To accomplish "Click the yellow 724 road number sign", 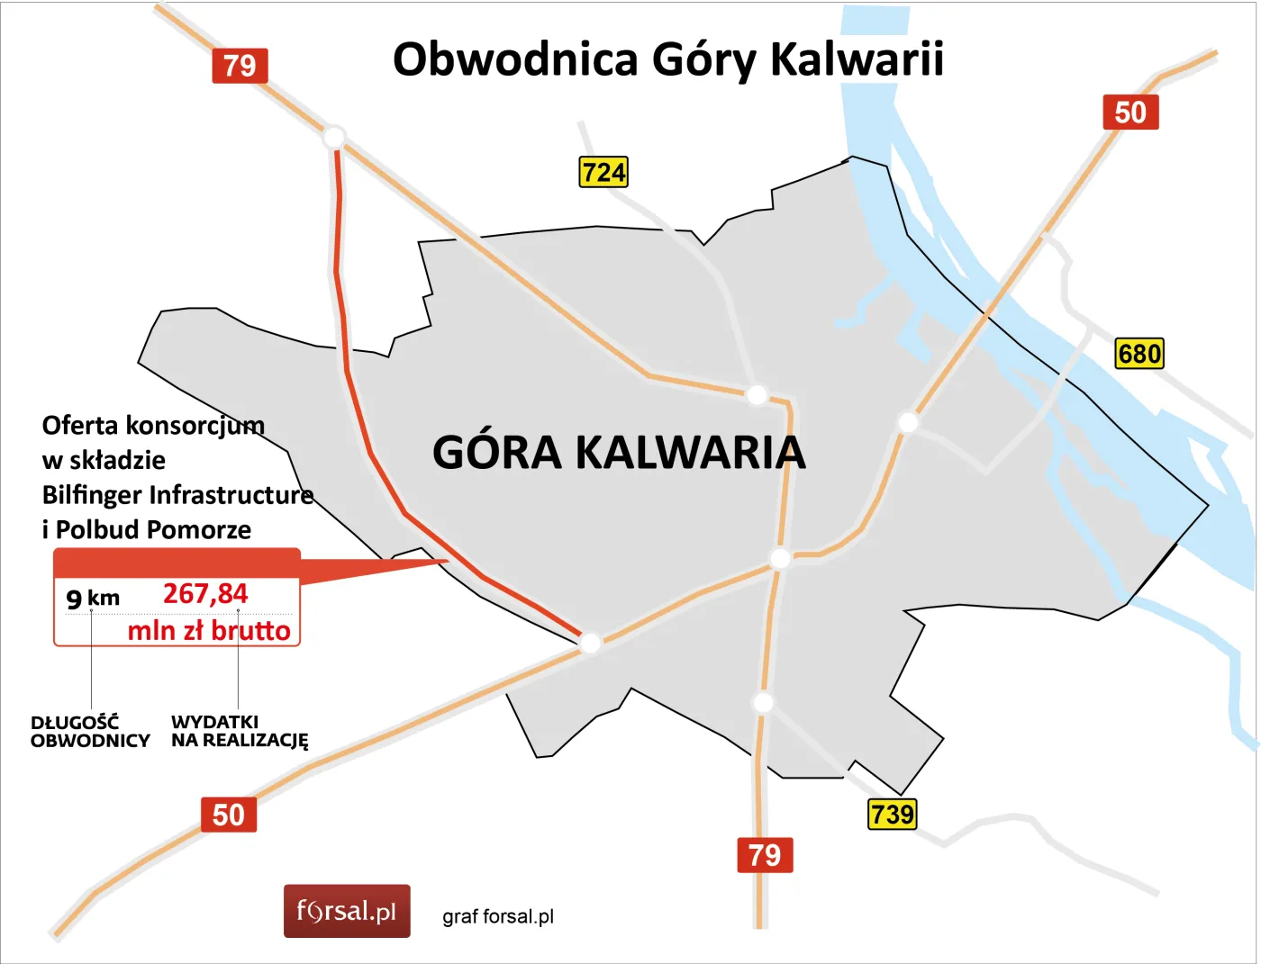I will coord(603,172).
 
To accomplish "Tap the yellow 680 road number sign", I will coord(1139,353).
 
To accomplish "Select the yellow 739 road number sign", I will coord(892,814).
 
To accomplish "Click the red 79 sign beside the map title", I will coord(240,66).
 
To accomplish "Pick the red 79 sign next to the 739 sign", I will coord(765,854).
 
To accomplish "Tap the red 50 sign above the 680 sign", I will coord(1130,113).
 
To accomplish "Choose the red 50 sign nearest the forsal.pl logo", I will coord(228,815).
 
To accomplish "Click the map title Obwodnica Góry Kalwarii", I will coord(667,59).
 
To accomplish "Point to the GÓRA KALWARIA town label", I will coord(619,452).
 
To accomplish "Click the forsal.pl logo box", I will coord(347,911).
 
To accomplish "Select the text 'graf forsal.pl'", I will coord(498,916).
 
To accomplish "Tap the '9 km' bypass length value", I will coord(93,598).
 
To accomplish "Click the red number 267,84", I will coord(205,594).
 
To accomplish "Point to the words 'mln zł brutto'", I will coord(209,630).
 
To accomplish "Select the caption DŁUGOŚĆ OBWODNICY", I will coord(89,732).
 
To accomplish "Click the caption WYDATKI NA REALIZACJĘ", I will coord(240,732).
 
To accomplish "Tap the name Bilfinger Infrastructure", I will coord(177,495).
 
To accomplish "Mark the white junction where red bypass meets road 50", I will coord(590,643).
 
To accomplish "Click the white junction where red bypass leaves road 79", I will coord(334,138).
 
